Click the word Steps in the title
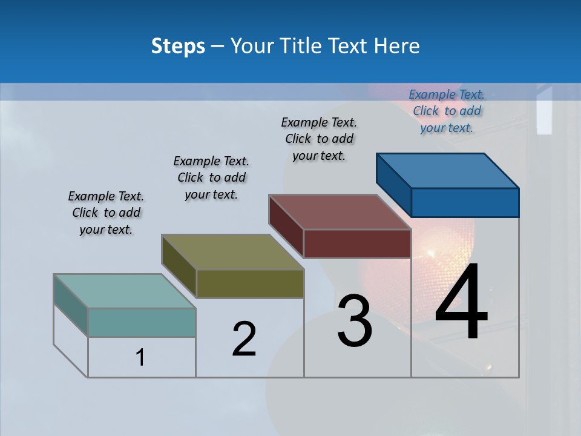(178, 46)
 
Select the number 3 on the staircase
(355, 321)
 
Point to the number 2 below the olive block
(245, 339)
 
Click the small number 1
(140, 357)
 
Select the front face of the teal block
(142, 322)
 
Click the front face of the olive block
(250, 283)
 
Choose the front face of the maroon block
(357, 243)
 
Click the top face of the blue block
(447, 170)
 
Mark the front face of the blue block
(465, 202)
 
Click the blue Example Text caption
(447, 111)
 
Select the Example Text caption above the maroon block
(319, 139)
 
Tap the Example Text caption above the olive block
(211, 177)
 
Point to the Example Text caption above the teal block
(106, 213)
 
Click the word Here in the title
(397, 46)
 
